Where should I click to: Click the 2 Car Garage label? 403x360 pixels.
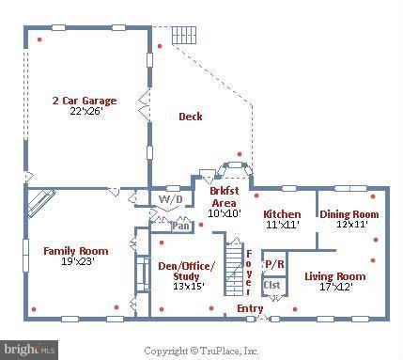[85, 101]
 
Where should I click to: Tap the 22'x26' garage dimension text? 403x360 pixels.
[86, 111]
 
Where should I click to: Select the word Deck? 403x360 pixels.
[191, 117]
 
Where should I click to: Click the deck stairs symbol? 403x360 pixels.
[184, 36]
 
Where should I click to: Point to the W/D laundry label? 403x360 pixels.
[171, 199]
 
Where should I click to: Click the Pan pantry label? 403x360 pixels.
[181, 226]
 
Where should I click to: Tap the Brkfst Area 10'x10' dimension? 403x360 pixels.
[225, 213]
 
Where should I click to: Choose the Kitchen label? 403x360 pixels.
[282, 214]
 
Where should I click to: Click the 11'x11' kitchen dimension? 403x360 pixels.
[283, 225]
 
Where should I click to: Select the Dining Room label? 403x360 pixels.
[349, 214]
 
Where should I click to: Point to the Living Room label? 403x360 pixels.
[335, 276]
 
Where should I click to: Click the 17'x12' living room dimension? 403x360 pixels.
[336, 287]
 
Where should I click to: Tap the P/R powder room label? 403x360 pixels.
[274, 264]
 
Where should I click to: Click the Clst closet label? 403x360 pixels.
[271, 285]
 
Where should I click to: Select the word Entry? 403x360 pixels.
[250, 308]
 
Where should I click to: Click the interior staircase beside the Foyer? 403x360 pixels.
[234, 269]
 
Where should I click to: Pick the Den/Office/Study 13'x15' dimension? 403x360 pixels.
[189, 287]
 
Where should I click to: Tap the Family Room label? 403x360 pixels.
[76, 251]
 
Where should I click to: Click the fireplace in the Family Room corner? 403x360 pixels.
[41, 202]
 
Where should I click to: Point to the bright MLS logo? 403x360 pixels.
[29, 350]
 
